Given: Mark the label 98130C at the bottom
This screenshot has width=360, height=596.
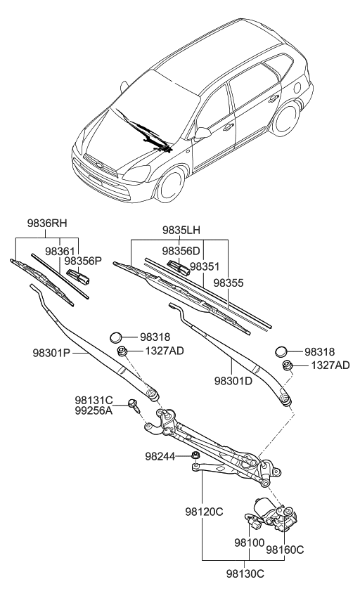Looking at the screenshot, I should pyautogui.click(x=245, y=574).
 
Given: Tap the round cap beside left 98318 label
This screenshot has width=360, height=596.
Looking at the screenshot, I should pyautogui.click(x=118, y=338).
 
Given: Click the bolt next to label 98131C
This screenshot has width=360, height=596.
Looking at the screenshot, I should pyautogui.click(x=133, y=405).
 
